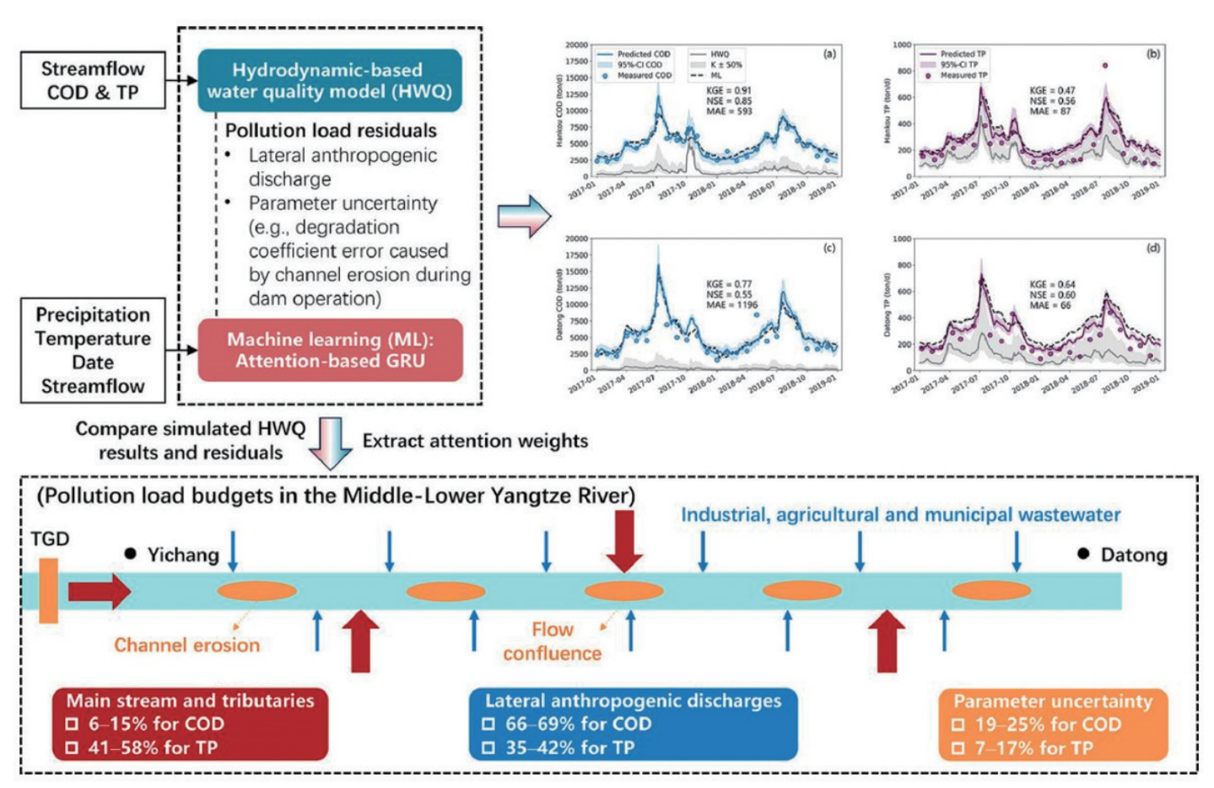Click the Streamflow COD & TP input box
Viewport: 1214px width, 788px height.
[x=92, y=81]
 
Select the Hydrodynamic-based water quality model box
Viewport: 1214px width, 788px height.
[x=330, y=81]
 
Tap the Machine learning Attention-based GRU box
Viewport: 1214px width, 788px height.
[x=330, y=350]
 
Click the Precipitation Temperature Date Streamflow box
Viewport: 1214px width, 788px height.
[x=92, y=351]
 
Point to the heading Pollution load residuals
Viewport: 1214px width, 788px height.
[x=331, y=131]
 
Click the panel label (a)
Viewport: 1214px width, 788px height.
[x=829, y=54]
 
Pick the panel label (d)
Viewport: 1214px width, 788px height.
[x=1152, y=248]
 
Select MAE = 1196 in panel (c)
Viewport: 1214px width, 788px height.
[x=731, y=305]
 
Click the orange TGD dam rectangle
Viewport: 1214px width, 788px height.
[x=49, y=590]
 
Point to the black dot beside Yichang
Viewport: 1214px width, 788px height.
[x=131, y=554]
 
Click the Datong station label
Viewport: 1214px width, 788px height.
[x=1134, y=555]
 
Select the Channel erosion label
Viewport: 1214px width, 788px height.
[x=186, y=646]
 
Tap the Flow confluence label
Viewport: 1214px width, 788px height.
[x=552, y=641]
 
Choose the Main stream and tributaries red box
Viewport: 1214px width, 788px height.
[x=190, y=724]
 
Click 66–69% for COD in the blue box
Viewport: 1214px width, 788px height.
[x=578, y=724]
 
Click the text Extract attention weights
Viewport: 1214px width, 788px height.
[x=475, y=441]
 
